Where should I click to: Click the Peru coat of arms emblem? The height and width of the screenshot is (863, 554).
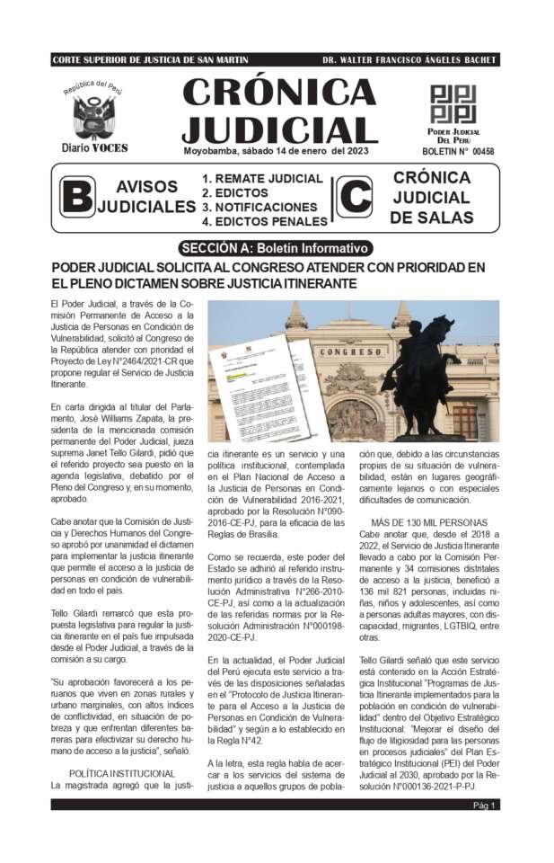point(94,116)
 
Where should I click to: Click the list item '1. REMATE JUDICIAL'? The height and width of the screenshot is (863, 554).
point(262,178)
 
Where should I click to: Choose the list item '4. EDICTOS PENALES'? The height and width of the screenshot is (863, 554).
point(264,221)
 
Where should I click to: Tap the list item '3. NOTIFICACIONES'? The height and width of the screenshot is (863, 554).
point(259,207)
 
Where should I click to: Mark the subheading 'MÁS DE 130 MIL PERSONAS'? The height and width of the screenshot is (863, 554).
point(442,522)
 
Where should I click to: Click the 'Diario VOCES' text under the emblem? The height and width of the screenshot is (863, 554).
point(94,147)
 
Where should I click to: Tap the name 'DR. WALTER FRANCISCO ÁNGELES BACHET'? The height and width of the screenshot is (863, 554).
point(409,60)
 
